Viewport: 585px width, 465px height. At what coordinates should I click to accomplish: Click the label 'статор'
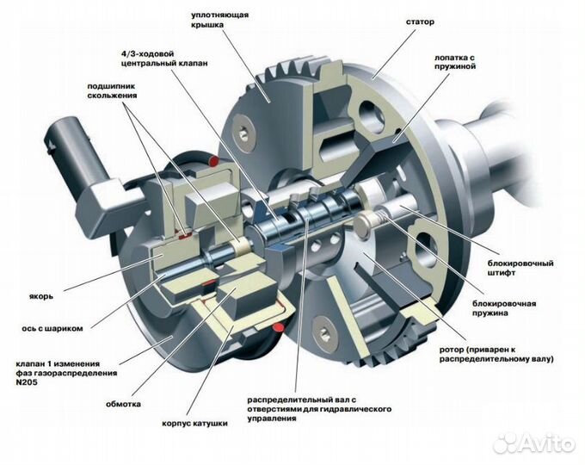420,22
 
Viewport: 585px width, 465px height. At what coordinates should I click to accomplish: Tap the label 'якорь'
41,297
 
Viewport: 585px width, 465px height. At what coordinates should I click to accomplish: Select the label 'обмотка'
123,404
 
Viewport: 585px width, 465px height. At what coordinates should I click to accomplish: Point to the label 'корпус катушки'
194,424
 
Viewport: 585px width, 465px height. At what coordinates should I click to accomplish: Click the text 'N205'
27,382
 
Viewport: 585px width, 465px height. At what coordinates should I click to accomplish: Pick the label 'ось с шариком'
52,329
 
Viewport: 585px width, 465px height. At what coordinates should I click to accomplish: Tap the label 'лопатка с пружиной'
455,62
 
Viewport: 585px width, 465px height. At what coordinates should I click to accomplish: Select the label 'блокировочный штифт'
520,268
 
